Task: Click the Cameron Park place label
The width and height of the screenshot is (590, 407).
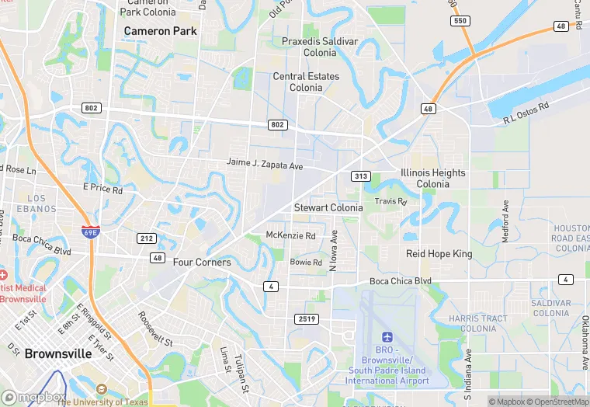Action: [x=161, y=31]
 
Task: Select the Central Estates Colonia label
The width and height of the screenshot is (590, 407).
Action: [x=306, y=82]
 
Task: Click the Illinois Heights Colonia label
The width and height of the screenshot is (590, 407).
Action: [x=433, y=179]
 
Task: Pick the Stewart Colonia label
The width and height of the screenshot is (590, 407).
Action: [x=328, y=208]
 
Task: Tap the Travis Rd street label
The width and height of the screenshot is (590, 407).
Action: [x=390, y=201]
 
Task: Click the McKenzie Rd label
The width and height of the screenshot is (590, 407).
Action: [x=290, y=235]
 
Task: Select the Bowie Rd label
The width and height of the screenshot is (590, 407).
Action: [x=306, y=263]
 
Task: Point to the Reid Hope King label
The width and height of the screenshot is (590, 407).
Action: [x=439, y=254]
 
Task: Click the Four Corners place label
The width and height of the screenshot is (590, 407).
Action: [x=202, y=263]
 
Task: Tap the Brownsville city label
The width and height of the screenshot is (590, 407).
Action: [x=57, y=353]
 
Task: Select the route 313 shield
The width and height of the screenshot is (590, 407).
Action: [x=360, y=176]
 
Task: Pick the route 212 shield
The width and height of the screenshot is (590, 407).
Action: [x=148, y=238]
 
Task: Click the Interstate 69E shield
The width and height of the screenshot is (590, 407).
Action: [x=90, y=231]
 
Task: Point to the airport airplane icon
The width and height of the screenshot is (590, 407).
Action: [x=387, y=337]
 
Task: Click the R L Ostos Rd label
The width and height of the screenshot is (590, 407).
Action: [x=526, y=113]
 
